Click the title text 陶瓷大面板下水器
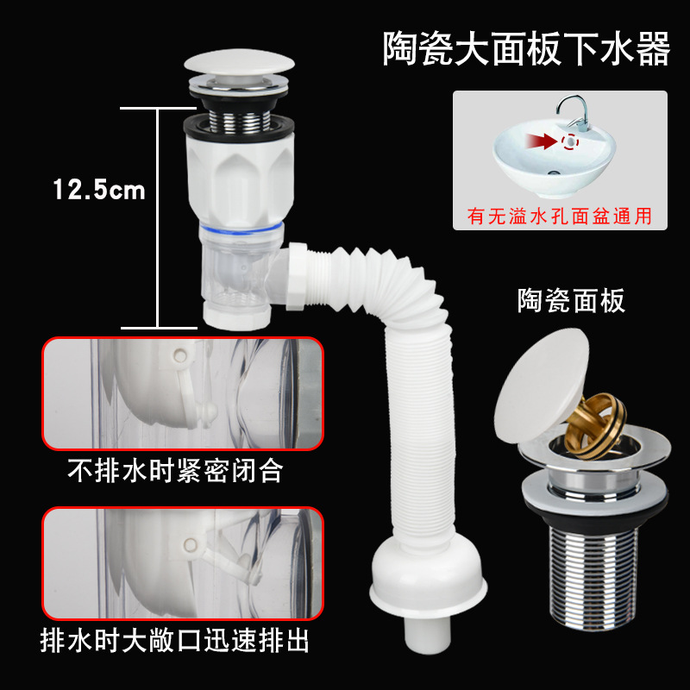click(x=526, y=50)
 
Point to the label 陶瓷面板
click(x=572, y=301)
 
